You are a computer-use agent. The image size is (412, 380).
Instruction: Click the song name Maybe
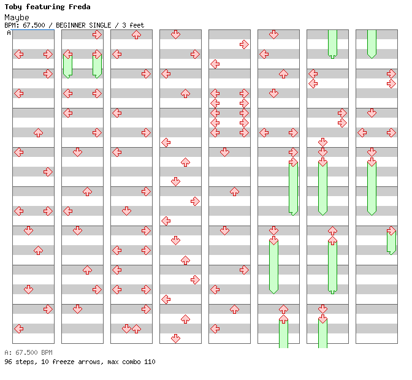pyautogui.click(x=17, y=17)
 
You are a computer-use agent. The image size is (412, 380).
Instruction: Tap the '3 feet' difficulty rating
pyautogui.click(x=133, y=25)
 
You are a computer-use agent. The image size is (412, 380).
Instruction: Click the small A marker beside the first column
pyautogui.click(x=9, y=32)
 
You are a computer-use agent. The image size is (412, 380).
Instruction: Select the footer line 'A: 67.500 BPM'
pyautogui.click(x=28, y=352)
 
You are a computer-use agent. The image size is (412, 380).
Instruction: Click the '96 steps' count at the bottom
pyautogui.click(x=19, y=362)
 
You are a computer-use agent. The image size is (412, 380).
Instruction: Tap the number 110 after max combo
pyautogui.click(x=150, y=362)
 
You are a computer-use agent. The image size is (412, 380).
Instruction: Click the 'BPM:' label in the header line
pyautogui.click(x=12, y=25)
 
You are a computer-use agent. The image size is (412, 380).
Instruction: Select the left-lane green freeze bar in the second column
pyautogui.click(x=67, y=65)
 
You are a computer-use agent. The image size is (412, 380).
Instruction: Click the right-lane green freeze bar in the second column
pyautogui.click(x=97, y=65)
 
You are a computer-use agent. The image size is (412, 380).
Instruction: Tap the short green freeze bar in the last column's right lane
pyautogui.click(x=391, y=241)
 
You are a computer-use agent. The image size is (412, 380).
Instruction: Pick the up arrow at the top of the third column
pyautogui.click(x=136, y=34)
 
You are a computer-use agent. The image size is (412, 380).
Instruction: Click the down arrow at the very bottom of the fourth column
pyautogui.click(x=175, y=338)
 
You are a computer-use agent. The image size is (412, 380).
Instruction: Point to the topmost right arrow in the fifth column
pyautogui.click(x=244, y=44)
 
